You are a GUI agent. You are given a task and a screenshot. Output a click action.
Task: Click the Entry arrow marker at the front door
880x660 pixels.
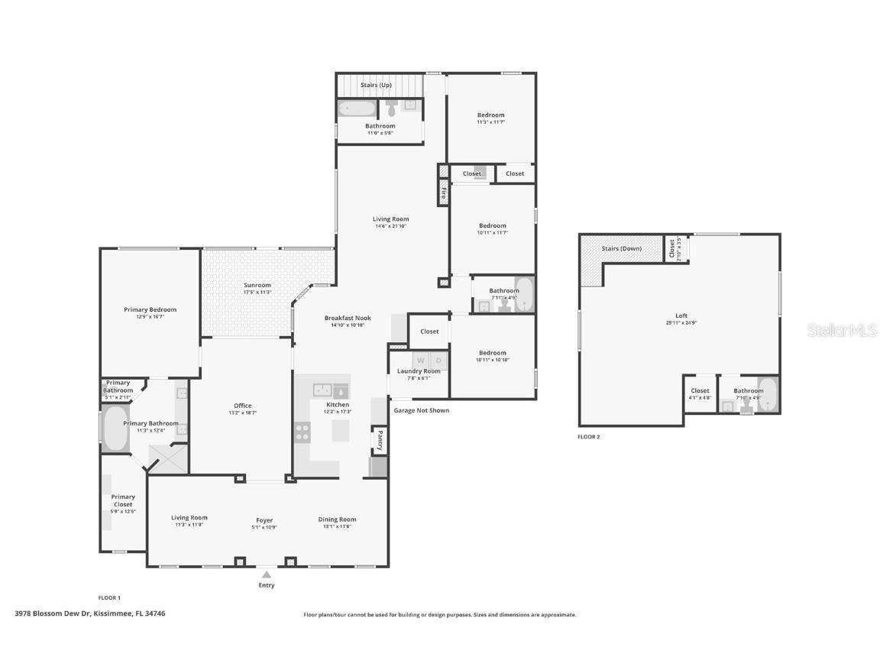tap(266, 574)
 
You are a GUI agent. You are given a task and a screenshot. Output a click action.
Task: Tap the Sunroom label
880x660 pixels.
tap(257, 285)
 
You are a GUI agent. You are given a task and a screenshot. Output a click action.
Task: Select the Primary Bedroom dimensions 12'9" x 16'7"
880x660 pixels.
tap(150, 316)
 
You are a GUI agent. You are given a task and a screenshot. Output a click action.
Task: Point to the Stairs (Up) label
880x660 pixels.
tap(376, 85)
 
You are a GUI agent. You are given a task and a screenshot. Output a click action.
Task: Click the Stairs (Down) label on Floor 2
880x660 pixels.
tap(621, 248)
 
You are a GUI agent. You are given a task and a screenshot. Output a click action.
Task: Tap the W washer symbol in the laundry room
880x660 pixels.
tap(420, 360)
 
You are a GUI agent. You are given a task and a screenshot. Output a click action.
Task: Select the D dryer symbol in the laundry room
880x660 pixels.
tap(438, 360)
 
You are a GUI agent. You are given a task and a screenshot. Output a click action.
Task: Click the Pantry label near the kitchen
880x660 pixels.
tap(379, 440)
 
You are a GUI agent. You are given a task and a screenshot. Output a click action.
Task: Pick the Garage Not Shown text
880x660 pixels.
tap(421, 410)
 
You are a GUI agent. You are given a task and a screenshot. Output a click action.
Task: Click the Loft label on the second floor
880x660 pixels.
tap(681, 315)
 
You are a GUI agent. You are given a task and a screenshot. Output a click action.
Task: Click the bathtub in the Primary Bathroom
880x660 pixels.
tap(115, 429)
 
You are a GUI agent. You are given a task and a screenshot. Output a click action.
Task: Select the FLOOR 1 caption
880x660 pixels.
tap(109, 597)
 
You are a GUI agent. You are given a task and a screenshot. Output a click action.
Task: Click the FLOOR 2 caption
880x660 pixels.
tap(588, 437)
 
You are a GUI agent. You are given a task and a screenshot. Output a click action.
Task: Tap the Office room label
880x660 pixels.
tap(242, 406)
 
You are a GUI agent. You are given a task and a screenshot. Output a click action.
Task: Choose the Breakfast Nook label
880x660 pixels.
tap(348, 318)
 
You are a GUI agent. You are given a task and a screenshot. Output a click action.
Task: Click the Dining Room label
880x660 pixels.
tap(337, 519)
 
